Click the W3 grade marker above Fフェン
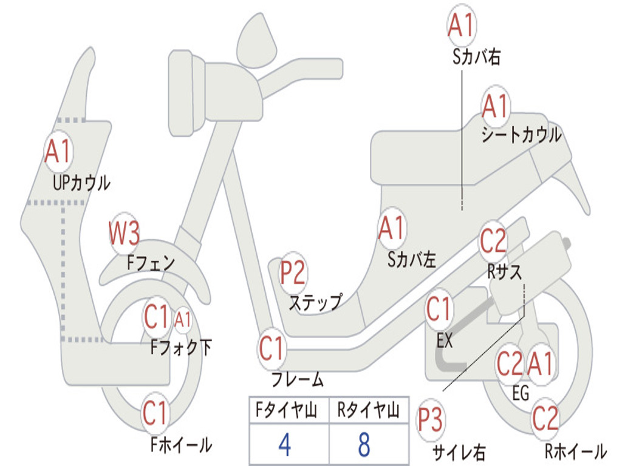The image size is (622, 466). pyautogui.click(x=125, y=233)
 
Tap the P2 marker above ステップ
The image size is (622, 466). pyautogui.click(x=293, y=273)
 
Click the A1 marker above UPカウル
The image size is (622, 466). pyautogui.click(x=58, y=151)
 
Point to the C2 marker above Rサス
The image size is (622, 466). pyautogui.click(x=493, y=241)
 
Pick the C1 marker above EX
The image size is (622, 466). pyautogui.click(x=439, y=310)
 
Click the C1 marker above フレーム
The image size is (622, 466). pyautogui.click(x=272, y=349)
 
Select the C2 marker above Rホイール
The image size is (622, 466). pyautogui.click(x=545, y=418)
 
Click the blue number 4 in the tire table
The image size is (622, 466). pyautogui.click(x=284, y=445)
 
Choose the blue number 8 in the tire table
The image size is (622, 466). pyautogui.click(x=364, y=445)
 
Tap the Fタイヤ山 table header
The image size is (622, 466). pyautogui.click(x=285, y=411)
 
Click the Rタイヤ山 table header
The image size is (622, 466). pyautogui.click(x=368, y=411)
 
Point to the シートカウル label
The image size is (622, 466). pyautogui.click(x=521, y=135)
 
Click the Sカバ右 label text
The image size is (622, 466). pyautogui.click(x=476, y=57)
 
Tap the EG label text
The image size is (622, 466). pyautogui.click(x=521, y=393)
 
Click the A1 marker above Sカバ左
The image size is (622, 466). pyautogui.click(x=392, y=229)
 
